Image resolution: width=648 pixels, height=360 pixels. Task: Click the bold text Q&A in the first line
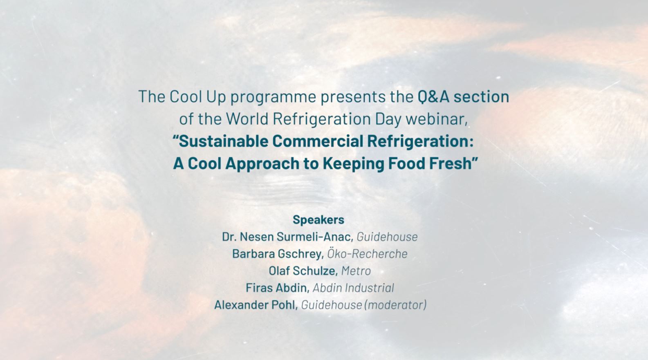(x=433, y=96)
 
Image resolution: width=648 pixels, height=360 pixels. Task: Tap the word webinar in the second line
(x=437, y=119)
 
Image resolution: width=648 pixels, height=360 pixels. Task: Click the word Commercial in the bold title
(x=318, y=141)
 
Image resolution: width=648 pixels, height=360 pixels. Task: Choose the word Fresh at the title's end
(x=451, y=163)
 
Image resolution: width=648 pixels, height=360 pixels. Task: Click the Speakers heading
(x=318, y=220)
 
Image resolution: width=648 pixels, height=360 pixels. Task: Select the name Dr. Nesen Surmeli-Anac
(x=287, y=237)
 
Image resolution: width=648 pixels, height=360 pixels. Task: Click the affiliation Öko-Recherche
(x=368, y=254)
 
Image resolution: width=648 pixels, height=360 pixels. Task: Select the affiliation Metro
(x=356, y=271)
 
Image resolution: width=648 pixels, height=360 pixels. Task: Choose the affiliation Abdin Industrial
(x=354, y=288)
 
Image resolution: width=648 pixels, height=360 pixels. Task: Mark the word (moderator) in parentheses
(x=395, y=305)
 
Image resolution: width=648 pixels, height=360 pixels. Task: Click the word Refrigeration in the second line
(x=322, y=119)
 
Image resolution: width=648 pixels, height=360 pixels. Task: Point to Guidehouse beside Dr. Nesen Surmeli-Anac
(x=387, y=237)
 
